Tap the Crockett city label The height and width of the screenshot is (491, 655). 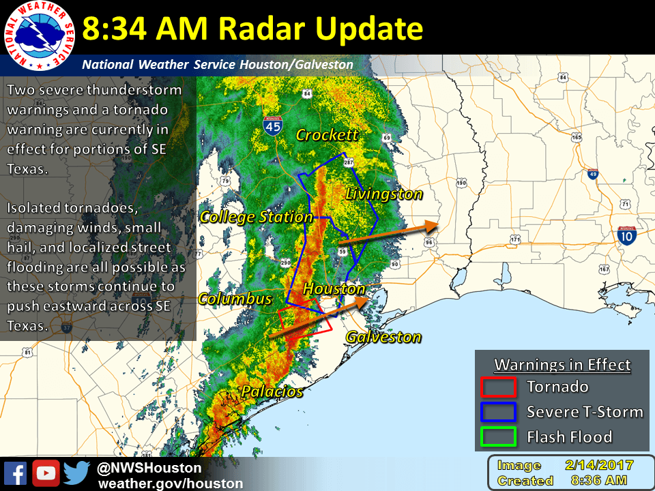(x=327, y=135)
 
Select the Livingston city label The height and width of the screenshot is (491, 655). (x=384, y=194)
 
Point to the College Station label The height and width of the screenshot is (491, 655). (x=256, y=217)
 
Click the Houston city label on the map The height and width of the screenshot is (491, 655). (x=334, y=288)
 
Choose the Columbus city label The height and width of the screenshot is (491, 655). (x=235, y=299)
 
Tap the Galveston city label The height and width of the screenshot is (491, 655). (x=383, y=336)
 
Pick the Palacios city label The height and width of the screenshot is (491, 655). (x=272, y=391)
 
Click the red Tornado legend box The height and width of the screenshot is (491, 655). (x=499, y=387)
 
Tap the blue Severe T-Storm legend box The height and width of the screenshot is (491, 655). (x=499, y=411)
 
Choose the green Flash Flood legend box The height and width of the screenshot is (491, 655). (x=499, y=436)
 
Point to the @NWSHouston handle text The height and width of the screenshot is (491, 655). (x=149, y=468)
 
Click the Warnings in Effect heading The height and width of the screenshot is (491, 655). (x=562, y=365)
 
